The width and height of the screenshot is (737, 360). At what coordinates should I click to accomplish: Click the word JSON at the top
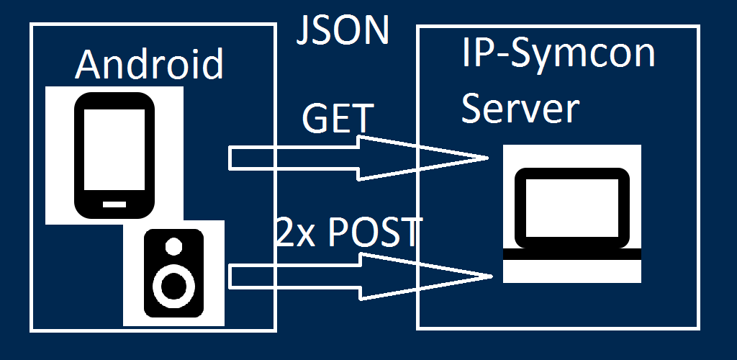[x=343, y=30]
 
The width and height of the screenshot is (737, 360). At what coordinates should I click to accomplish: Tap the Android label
[x=150, y=64]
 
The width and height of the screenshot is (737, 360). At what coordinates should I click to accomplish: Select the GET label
[x=338, y=118]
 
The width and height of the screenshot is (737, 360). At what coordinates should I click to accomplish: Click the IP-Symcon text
[x=559, y=55]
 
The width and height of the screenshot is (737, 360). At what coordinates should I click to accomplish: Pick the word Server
[x=520, y=109]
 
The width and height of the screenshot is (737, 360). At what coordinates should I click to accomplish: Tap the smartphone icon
[x=114, y=155]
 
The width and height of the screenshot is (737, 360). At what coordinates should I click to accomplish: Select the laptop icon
[x=572, y=213]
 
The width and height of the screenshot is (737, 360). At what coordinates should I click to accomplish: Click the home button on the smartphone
[x=114, y=204]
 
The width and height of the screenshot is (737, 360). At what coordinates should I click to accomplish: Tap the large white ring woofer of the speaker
[x=173, y=285]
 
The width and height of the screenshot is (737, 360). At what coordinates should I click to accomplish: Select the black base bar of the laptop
[x=572, y=254]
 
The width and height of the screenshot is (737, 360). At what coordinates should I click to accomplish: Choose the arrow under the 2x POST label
[x=353, y=274]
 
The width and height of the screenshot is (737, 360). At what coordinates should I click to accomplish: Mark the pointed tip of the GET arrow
[x=484, y=158]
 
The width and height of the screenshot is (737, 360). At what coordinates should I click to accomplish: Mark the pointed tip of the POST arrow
[x=491, y=275]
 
